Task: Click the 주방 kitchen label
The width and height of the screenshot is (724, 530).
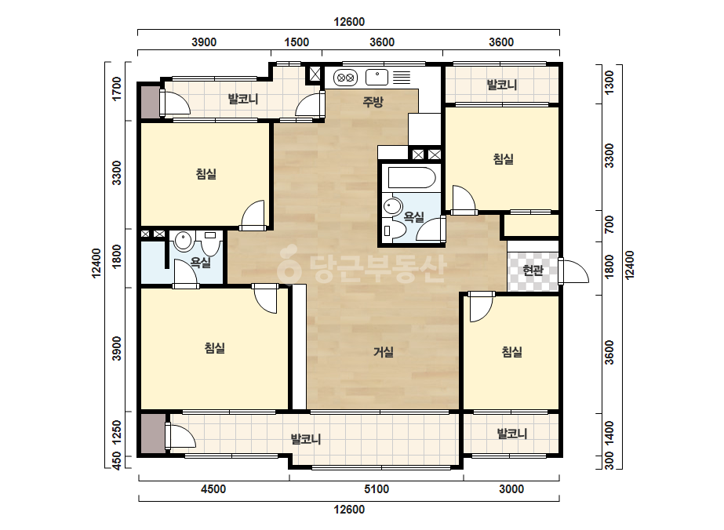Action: click(x=373, y=102)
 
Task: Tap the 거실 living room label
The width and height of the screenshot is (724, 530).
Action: click(x=384, y=352)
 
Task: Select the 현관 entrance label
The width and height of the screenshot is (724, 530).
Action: click(x=533, y=270)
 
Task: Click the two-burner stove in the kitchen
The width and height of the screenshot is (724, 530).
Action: click(x=345, y=78)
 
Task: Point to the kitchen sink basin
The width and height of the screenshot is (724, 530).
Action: click(x=377, y=77)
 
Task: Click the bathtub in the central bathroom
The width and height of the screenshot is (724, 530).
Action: click(x=412, y=178)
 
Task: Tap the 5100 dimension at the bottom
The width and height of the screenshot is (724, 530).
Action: click(x=377, y=489)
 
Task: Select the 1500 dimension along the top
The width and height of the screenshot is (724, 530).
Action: click(x=297, y=42)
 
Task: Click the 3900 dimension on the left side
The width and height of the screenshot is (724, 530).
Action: click(x=117, y=349)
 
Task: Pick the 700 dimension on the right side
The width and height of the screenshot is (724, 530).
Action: click(x=609, y=224)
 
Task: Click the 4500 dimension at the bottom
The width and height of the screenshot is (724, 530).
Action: click(x=213, y=489)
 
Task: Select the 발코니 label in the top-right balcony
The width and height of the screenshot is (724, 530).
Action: click(x=502, y=85)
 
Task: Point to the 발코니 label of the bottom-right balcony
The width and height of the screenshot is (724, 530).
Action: click(x=511, y=434)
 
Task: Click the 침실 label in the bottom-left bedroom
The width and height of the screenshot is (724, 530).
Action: click(x=215, y=347)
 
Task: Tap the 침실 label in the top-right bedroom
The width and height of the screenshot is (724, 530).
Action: click(x=504, y=159)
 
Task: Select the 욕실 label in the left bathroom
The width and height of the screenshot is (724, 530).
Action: click(x=201, y=262)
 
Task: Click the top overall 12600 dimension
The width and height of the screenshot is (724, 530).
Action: click(x=349, y=22)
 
